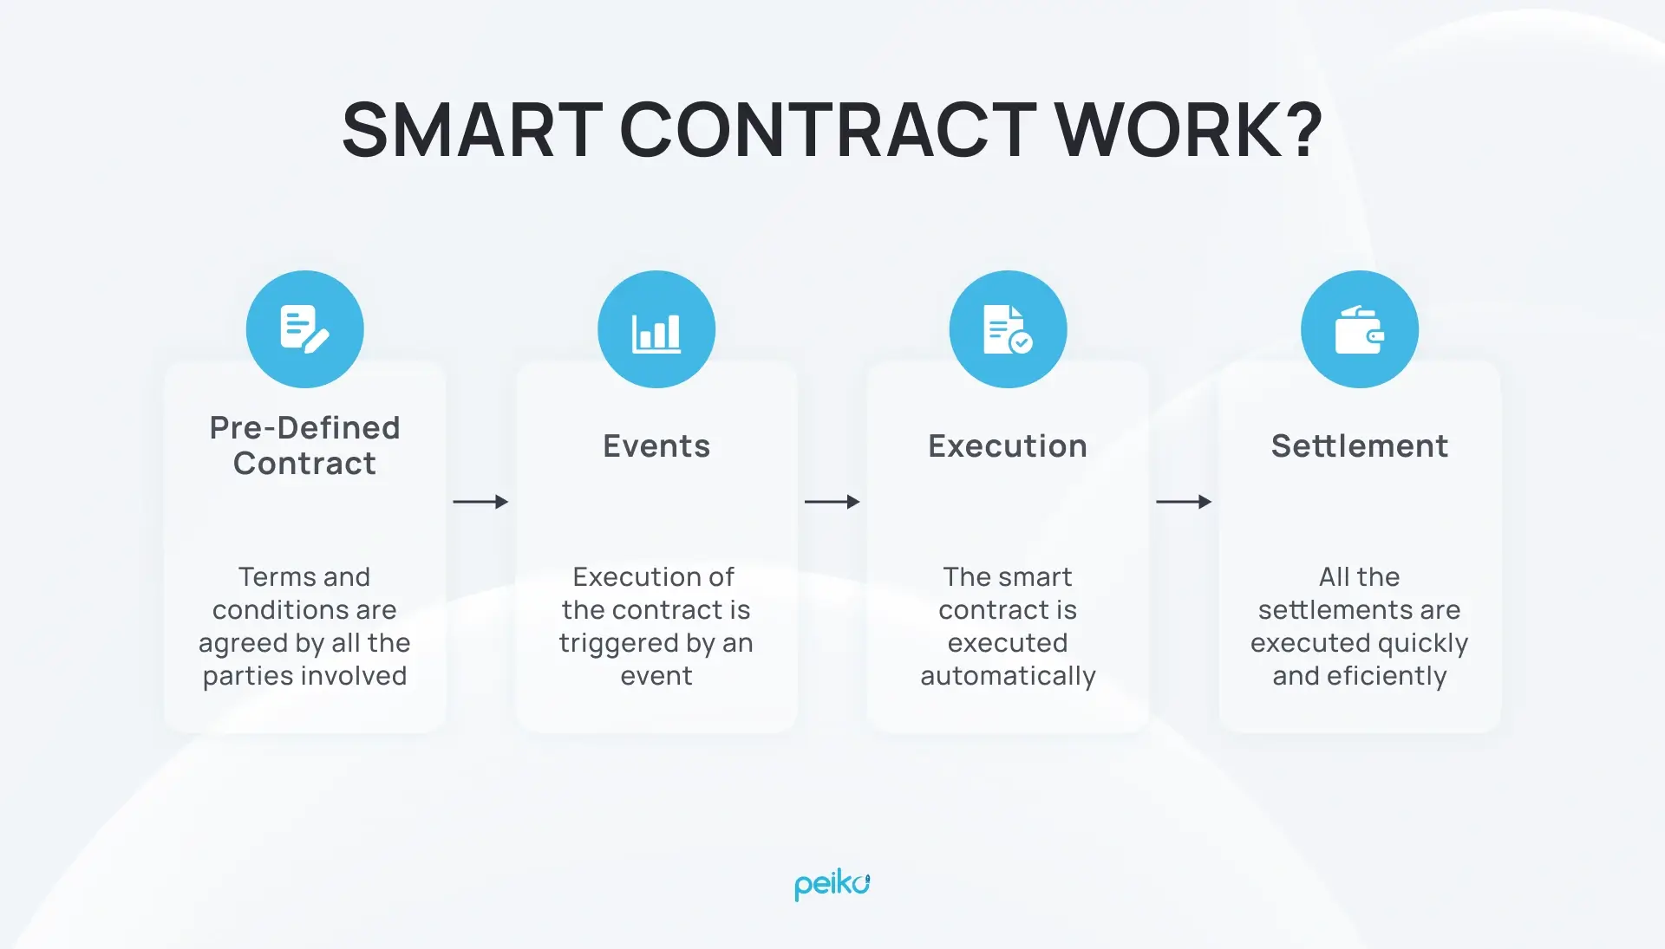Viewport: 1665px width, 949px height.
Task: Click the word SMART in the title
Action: [x=473, y=130]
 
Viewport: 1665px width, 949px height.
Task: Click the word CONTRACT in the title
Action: [x=828, y=130]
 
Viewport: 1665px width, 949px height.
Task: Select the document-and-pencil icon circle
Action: [x=304, y=329]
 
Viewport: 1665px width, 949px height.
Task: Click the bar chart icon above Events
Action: [x=656, y=329]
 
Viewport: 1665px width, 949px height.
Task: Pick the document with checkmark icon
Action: [x=1008, y=329]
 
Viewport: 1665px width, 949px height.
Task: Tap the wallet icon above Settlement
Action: [x=1359, y=329]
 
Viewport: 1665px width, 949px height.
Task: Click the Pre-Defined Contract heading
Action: [x=304, y=445]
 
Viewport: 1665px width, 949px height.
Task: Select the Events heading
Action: [x=656, y=446]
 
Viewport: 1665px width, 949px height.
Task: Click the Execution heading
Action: [x=1008, y=446]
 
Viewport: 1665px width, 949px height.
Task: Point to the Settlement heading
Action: [x=1359, y=446]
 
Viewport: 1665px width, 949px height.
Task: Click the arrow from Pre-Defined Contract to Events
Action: [x=480, y=502]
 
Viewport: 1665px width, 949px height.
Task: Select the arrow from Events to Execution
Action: [x=832, y=502]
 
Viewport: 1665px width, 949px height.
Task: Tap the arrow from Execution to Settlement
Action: [x=1184, y=502]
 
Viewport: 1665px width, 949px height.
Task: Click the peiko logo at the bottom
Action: [x=832, y=885]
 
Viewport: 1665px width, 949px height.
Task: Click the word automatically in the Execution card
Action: [x=1008, y=676]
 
